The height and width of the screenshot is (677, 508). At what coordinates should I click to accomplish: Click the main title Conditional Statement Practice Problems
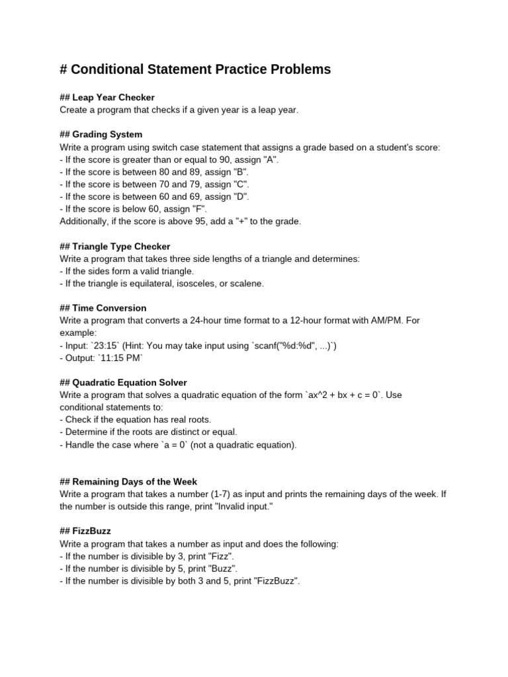(x=195, y=69)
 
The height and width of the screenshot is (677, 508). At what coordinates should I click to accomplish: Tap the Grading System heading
(x=101, y=134)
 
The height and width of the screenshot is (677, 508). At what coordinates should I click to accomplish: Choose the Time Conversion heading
(x=103, y=308)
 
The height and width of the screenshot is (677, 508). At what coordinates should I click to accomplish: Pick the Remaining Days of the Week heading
(x=128, y=482)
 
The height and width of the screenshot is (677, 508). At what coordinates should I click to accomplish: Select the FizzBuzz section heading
(x=85, y=531)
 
